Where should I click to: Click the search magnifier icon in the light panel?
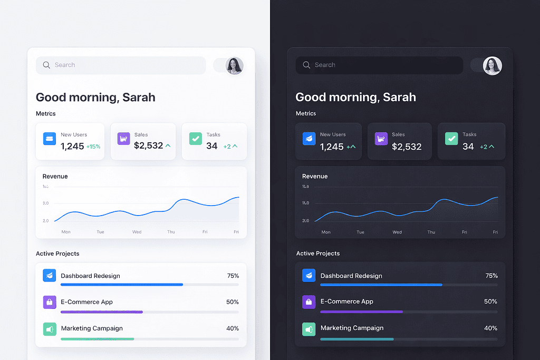point(46,65)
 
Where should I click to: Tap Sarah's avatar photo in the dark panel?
point(493,66)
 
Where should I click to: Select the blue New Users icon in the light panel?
point(50,139)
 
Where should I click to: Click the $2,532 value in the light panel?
point(148,145)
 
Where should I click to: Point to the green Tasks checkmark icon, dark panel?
point(451,139)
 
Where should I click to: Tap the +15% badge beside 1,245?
point(93,147)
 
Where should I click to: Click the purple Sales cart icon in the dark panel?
point(381,139)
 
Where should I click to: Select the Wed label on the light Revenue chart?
point(137,232)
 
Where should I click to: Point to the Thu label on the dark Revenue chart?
point(431,232)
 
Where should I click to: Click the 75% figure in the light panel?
point(233,276)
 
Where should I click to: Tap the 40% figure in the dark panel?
point(491,328)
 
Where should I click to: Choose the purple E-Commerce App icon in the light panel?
point(50,302)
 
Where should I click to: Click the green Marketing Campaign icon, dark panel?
point(308,329)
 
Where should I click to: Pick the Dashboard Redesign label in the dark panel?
point(351,276)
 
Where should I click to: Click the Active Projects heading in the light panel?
point(57,254)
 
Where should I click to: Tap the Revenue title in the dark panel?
point(315,176)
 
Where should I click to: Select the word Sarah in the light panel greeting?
point(139,97)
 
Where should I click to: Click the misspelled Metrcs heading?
point(45,113)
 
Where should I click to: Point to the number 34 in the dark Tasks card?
point(468,147)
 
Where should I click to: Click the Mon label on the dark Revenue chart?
point(326,232)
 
